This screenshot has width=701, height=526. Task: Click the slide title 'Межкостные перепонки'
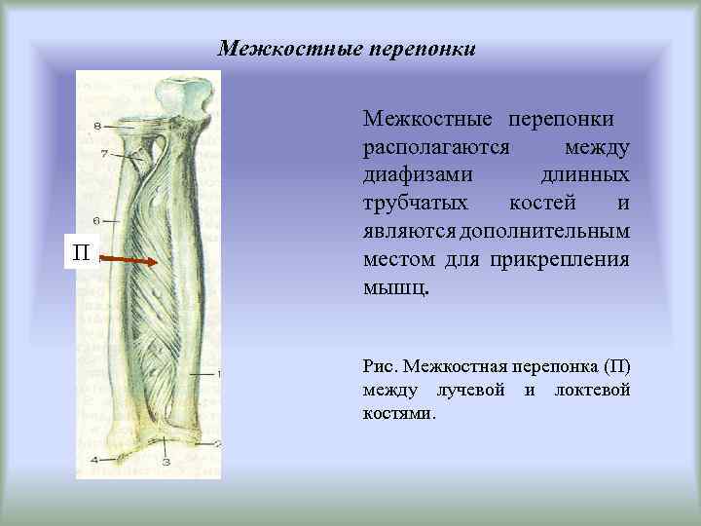click(347, 48)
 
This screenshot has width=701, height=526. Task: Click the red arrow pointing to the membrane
click(129, 260)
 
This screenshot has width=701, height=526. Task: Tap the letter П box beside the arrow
click(83, 254)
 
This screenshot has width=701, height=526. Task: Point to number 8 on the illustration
click(97, 127)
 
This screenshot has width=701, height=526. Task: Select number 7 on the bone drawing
click(103, 154)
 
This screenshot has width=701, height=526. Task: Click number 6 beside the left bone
click(96, 220)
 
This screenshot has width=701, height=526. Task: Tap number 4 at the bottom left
click(94, 458)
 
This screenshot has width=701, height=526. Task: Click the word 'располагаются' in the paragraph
click(436, 147)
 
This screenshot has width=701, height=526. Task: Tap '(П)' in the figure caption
click(616, 367)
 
